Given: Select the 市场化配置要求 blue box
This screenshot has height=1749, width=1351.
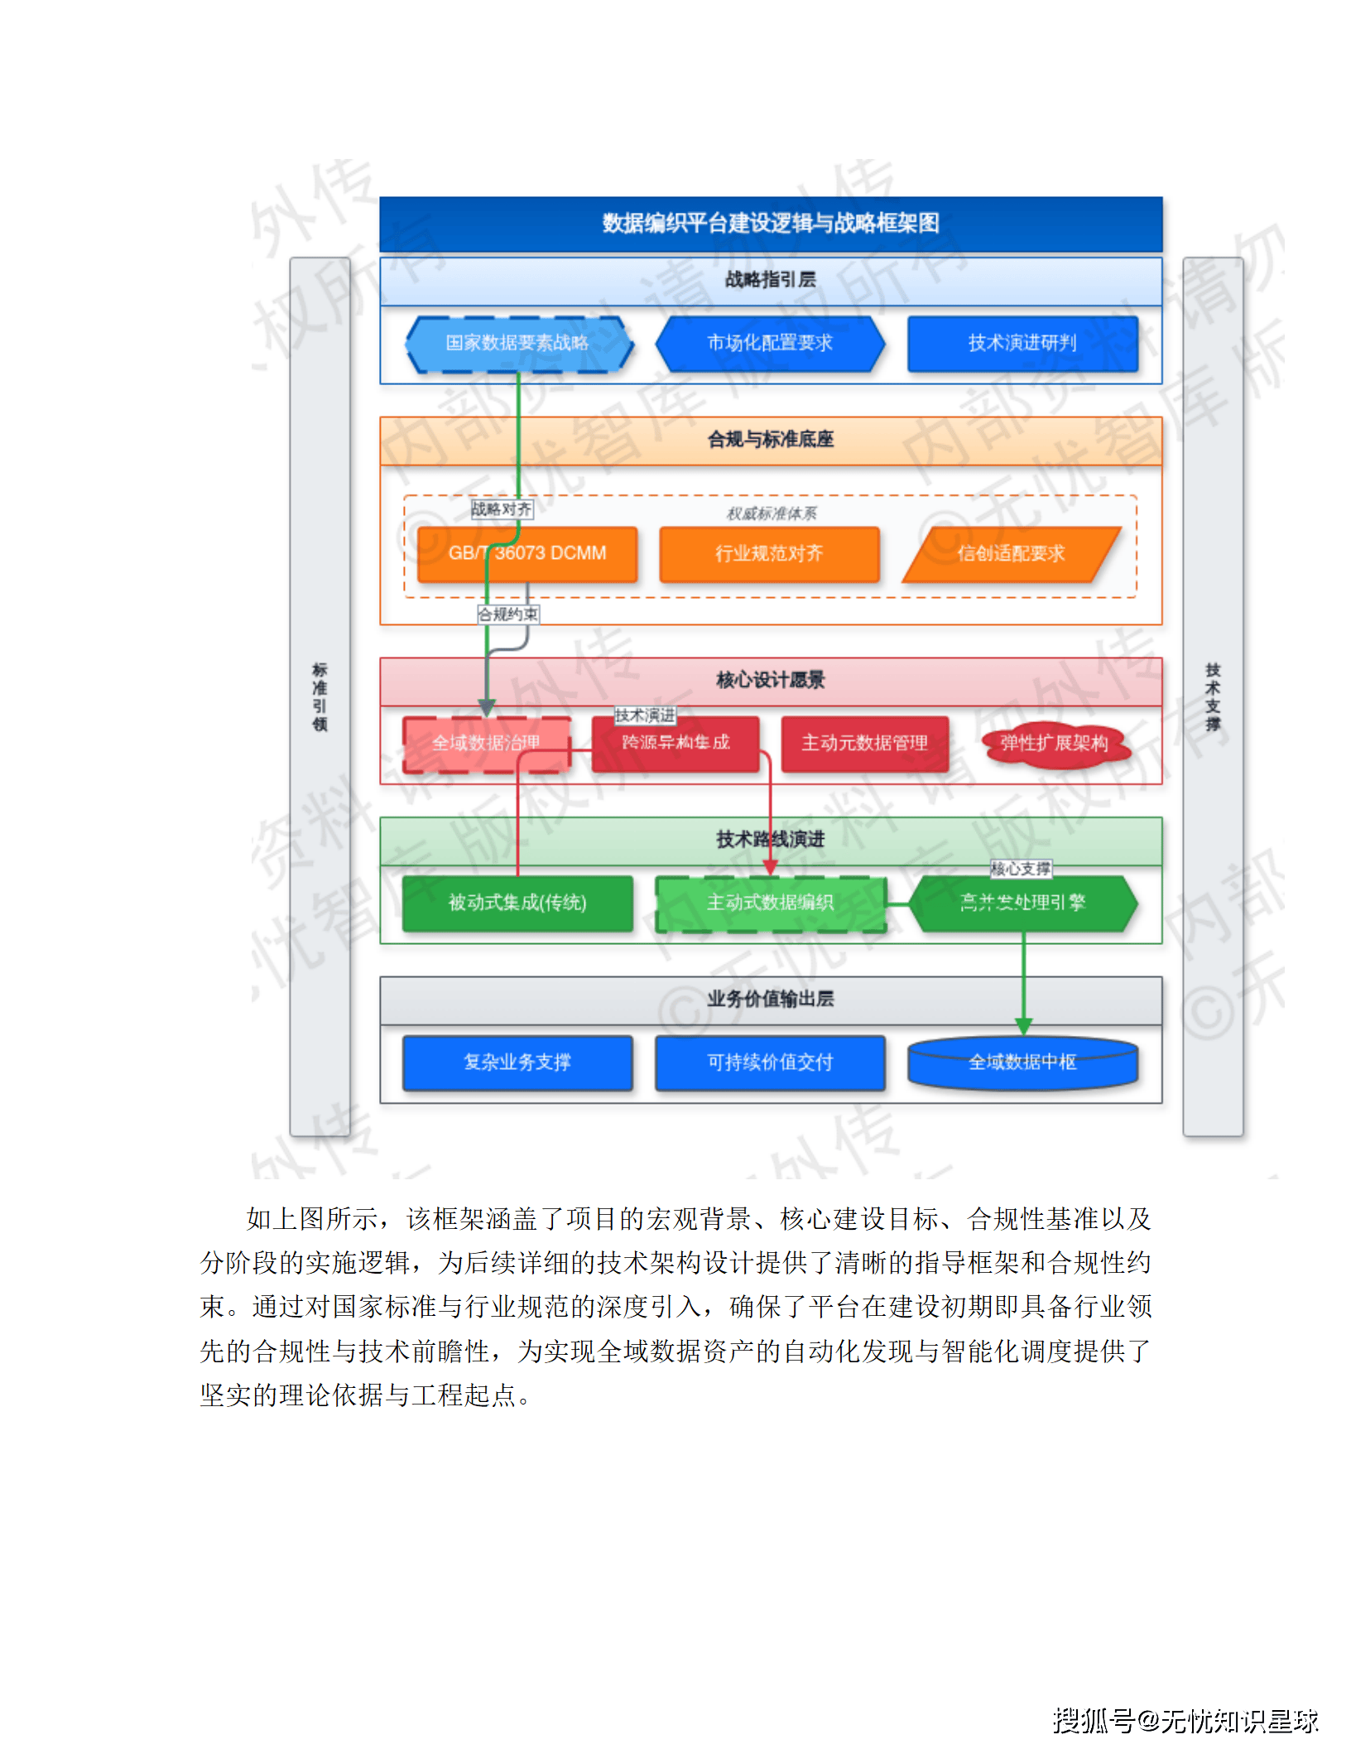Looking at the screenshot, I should click(770, 344).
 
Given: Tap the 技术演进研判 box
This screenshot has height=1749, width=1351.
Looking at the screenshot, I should click(1022, 344).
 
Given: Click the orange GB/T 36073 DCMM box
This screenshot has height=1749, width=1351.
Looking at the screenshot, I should click(527, 554).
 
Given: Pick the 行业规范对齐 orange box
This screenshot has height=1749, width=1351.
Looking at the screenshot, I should click(769, 554).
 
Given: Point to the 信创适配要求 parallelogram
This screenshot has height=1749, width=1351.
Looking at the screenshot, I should click(1011, 554).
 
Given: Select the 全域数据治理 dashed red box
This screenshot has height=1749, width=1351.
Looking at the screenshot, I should click(486, 744).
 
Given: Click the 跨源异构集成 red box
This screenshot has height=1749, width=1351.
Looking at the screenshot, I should click(675, 744).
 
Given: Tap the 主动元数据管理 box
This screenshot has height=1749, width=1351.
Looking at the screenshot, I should click(864, 744).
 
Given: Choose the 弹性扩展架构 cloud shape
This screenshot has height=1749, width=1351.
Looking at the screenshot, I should click(1054, 744).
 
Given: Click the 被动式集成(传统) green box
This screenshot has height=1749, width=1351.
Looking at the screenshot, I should click(517, 903).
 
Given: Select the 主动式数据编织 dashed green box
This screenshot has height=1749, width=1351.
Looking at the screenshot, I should click(770, 903).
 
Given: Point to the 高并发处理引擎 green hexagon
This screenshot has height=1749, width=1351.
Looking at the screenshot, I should click(1022, 903).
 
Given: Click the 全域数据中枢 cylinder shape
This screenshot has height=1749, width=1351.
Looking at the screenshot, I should click(1022, 1062).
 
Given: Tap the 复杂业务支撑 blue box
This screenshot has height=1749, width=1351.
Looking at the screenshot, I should click(517, 1062).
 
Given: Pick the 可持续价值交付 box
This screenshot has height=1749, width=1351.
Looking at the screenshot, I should click(770, 1062).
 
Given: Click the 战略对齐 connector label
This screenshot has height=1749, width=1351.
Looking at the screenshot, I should click(502, 509).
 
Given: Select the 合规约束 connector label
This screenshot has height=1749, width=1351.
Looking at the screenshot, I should click(508, 614).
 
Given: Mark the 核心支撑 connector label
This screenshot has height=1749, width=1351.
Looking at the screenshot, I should click(1021, 869).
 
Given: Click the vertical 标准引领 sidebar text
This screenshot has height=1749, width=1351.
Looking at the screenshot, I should click(320, 696).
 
